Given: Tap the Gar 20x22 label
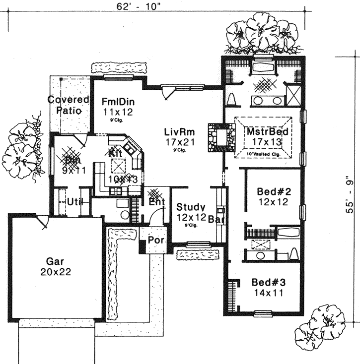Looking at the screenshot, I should (55, 266).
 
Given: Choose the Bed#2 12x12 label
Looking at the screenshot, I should (270, 196).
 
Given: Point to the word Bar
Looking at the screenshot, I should (216, 218).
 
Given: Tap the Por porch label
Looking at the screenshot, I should (155, 240).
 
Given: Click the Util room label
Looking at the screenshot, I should (74, 202).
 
